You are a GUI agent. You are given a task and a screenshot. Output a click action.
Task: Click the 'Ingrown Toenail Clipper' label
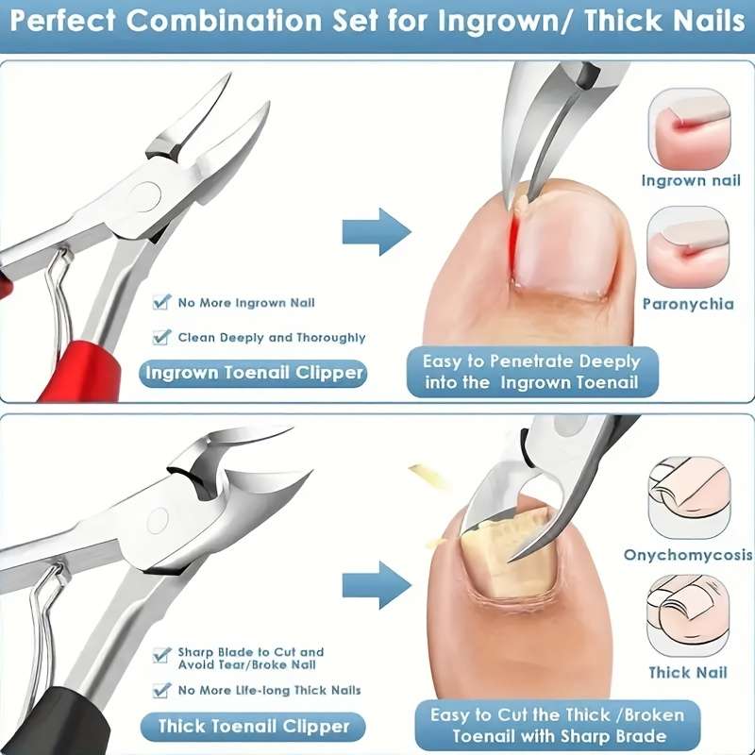pyautogui.click(x=253, y=373)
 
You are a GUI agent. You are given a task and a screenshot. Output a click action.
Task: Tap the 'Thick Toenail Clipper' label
pyautogui.click(x=253, y=726)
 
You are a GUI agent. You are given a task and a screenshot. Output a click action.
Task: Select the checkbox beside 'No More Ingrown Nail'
pyautogui.click(x=161, y=303)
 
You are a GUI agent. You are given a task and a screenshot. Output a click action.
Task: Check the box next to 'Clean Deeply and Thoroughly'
pyautogui.click(x=161, y=337)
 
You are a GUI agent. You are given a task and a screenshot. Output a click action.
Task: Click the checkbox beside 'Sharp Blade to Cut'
pyautogui.click(x=161, y=653)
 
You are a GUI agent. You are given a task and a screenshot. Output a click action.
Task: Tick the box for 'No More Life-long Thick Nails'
pyautogui.click(x=161, y=691)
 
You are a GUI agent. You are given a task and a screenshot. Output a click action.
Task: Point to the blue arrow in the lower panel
pyautogui.click(x=376, y=582)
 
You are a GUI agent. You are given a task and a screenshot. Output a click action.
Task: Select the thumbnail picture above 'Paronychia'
pyautogui.click(x=688, y=247)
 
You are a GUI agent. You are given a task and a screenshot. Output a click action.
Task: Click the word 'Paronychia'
pyautogui.click(x=688, y=304)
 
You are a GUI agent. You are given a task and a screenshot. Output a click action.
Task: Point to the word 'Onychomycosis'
pyautogui.click(x=688, y=555)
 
